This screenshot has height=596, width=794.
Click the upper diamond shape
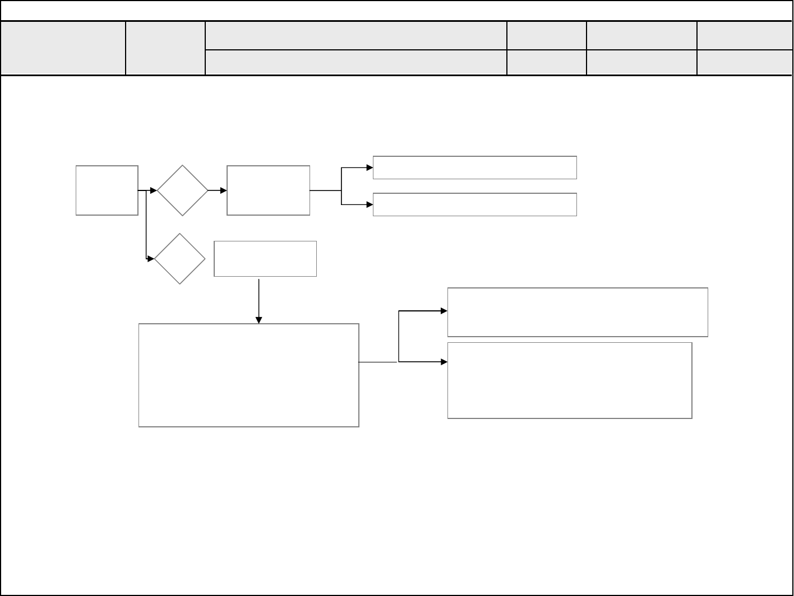pos(182,190)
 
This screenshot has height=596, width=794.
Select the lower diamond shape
pos(179,259)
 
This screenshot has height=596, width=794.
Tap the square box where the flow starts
pos(107,190)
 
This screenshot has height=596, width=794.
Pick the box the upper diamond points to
pos(268,190)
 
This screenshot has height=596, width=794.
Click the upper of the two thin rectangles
pos(474,167)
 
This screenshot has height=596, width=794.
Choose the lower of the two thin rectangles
pos(474,204)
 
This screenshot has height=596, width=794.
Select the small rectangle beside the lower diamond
pos(265,259)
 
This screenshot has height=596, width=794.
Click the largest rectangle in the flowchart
pos(249,375)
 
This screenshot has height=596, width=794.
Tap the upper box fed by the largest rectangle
pos(577,312)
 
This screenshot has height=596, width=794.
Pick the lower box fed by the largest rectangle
pos(569,380)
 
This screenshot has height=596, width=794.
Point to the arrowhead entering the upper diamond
pos(154,191)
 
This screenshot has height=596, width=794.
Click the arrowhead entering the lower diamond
pos(151,259)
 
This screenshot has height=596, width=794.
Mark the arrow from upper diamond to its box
pos(218,191)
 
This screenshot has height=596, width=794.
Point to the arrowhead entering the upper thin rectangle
pos(370,167)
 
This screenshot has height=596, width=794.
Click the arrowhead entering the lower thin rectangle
pos(370,204)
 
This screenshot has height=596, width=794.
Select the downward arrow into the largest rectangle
pos(258,302)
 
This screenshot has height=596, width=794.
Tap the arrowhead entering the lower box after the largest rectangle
pos(444,362)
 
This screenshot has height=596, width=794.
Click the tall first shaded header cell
pos(63,48)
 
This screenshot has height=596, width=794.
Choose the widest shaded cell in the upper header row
pos(356,36)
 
